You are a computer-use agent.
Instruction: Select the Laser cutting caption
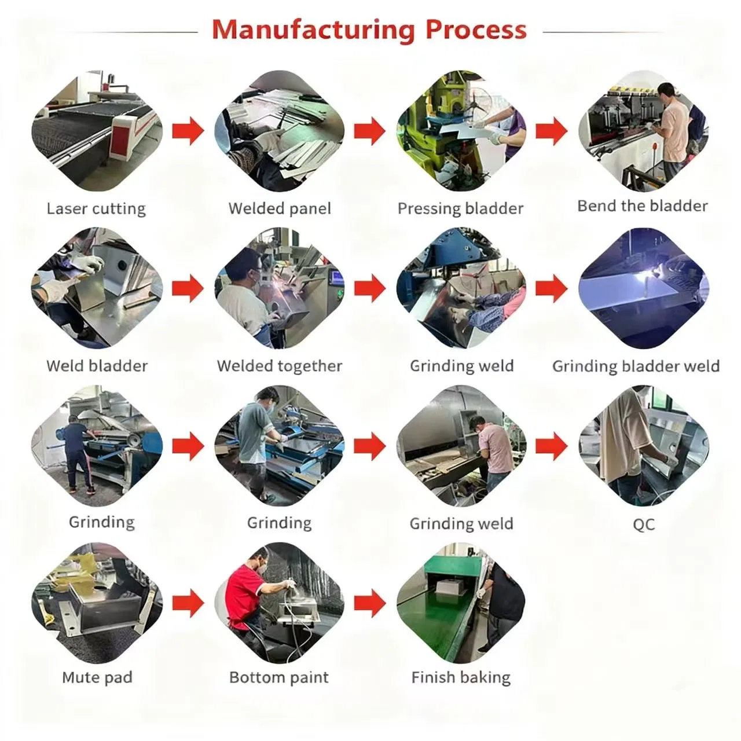(96, 208)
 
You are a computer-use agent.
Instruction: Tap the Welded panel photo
(280, 131)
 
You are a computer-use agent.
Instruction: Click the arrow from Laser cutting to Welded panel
(188, 131)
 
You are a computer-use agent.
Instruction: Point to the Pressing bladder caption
(460, 208)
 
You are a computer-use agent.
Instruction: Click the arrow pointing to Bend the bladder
(552, 131)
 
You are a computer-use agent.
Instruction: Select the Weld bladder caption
(97, 366)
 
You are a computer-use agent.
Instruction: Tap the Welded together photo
(280, 289)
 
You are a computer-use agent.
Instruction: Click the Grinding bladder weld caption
(636, 366)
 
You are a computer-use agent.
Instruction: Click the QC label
(644, 524)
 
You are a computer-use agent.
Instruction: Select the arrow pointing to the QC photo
(552, 446)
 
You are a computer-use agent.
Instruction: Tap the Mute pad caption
(97, 677)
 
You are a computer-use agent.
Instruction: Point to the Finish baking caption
(461, 677)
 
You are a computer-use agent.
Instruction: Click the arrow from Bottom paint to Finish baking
(370, 604)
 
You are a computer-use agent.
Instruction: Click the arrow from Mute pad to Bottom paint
(188, 604)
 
